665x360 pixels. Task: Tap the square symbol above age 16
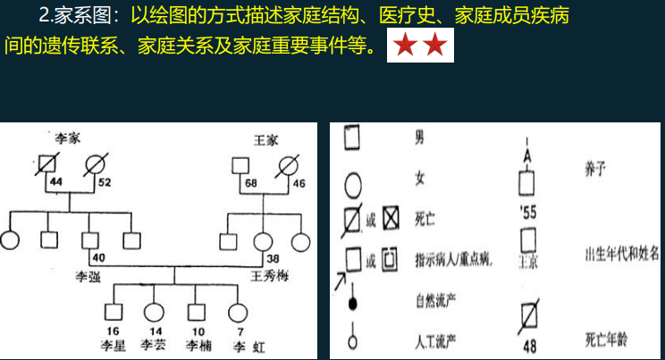tap(113, 312)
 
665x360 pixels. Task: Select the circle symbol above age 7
tap(236, 312)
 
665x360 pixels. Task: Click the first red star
tap(405, 48)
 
